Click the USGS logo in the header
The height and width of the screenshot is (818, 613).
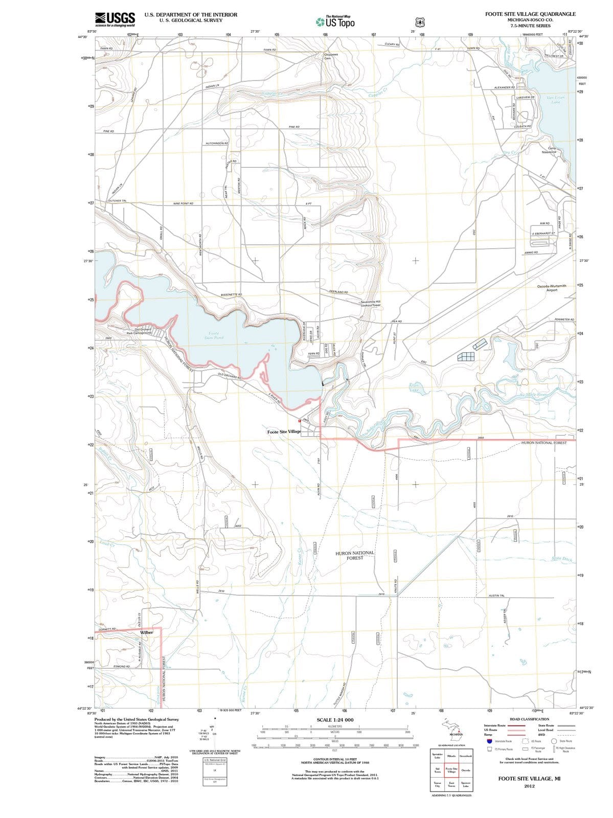115,19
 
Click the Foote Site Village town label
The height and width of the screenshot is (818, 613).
284,432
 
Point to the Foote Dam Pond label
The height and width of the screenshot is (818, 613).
214,335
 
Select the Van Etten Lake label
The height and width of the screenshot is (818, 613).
556,100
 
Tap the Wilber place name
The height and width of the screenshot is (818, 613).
146,632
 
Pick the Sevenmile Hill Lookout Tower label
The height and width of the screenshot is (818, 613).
370,303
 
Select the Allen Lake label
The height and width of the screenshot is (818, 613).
415,387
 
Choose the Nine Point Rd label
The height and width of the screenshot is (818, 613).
184,203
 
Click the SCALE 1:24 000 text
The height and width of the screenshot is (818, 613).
335,720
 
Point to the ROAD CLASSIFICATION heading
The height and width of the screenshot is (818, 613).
529,719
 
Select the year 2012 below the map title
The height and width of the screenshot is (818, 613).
529,786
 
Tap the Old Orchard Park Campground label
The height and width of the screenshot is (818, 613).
139,331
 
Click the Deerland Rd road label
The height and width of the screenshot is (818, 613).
338,292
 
